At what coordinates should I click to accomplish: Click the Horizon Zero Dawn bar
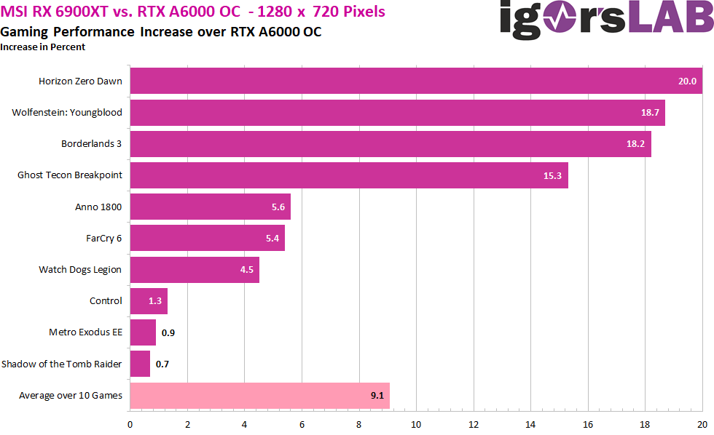(x=415, y=81)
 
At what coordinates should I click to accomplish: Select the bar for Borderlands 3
(x=390, y=143)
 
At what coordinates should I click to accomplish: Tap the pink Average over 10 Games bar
(x=259, y=396)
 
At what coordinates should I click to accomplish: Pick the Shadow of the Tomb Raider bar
(x=140, y=364)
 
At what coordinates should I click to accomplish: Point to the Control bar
(x=149, y=301)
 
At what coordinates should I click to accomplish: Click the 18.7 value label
(x=648, y=113)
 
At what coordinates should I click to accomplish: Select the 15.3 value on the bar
(x=551, y=175)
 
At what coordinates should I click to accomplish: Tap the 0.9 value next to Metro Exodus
(x=168, y=332)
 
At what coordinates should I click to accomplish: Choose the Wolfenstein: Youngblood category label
(x=67, y=113)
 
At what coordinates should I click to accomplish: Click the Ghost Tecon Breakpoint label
(x=69, y=175)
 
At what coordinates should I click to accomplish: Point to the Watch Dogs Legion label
(x=80, y=269)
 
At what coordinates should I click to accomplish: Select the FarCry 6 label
(x=103, y=238)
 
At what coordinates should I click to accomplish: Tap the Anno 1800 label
(x=98, y=207)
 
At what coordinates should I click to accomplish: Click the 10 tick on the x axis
(x=416, y=424)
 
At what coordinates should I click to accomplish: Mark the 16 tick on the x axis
(x=588, y=424)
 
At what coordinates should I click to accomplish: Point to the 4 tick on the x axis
(x=245, y=424)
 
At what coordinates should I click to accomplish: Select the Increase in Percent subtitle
(x=43, y=47)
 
